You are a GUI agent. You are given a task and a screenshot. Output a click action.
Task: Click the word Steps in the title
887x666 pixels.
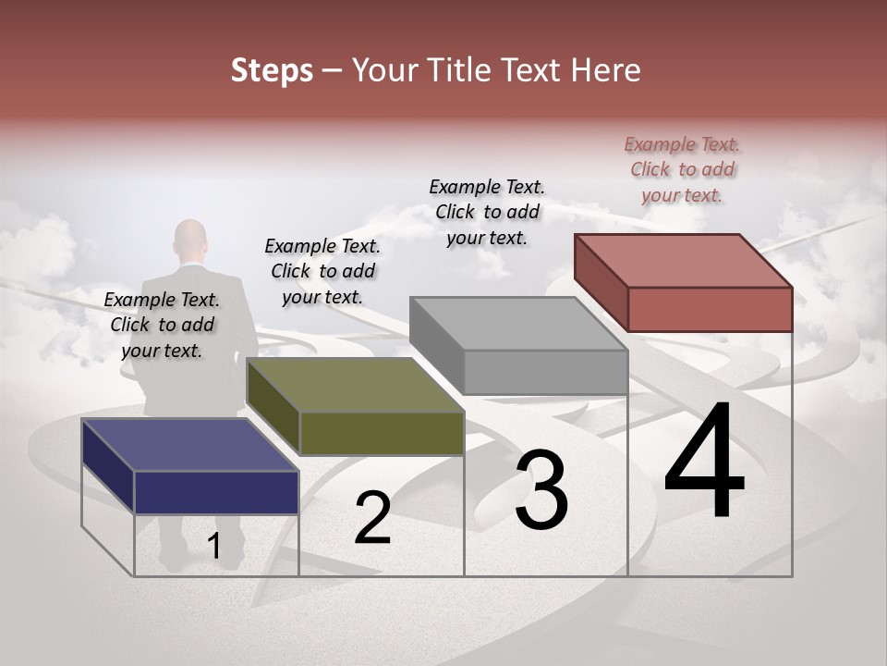(272, 70)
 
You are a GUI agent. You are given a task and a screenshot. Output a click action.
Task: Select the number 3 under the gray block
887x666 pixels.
(541, 490)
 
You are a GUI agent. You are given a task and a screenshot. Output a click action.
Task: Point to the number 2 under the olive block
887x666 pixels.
(372, 519)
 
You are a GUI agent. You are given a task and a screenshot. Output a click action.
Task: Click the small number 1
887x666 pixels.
(213, 547)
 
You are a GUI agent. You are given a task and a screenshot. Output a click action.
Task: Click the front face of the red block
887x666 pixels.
(710, 309)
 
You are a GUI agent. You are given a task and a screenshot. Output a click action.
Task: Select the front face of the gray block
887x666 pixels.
(545, 372)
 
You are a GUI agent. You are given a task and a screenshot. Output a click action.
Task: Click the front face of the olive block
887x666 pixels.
(382, 433)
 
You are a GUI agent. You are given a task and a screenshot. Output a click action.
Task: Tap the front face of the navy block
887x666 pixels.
(216, 492)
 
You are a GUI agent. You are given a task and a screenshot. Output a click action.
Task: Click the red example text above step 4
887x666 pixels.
(682, 169)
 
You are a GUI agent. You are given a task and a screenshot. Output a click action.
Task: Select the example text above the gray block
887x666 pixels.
(487, 212)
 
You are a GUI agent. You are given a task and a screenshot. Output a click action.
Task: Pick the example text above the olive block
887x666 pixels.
(322, 271)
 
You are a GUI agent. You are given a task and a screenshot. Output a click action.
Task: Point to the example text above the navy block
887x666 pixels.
(162, 325)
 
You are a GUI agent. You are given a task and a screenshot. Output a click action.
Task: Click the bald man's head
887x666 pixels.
(190, 239)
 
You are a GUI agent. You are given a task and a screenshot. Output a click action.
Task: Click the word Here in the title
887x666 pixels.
(607, 70)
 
